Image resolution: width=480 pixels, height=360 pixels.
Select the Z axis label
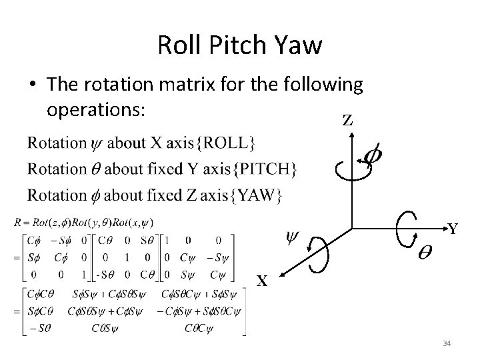[347, 121]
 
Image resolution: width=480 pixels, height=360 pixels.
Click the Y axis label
[453, 229]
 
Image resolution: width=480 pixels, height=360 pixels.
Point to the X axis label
[263, 281]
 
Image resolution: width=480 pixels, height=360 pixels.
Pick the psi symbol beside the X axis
[292, 236]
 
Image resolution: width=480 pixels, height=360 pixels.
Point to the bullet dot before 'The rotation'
[32, 85]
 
